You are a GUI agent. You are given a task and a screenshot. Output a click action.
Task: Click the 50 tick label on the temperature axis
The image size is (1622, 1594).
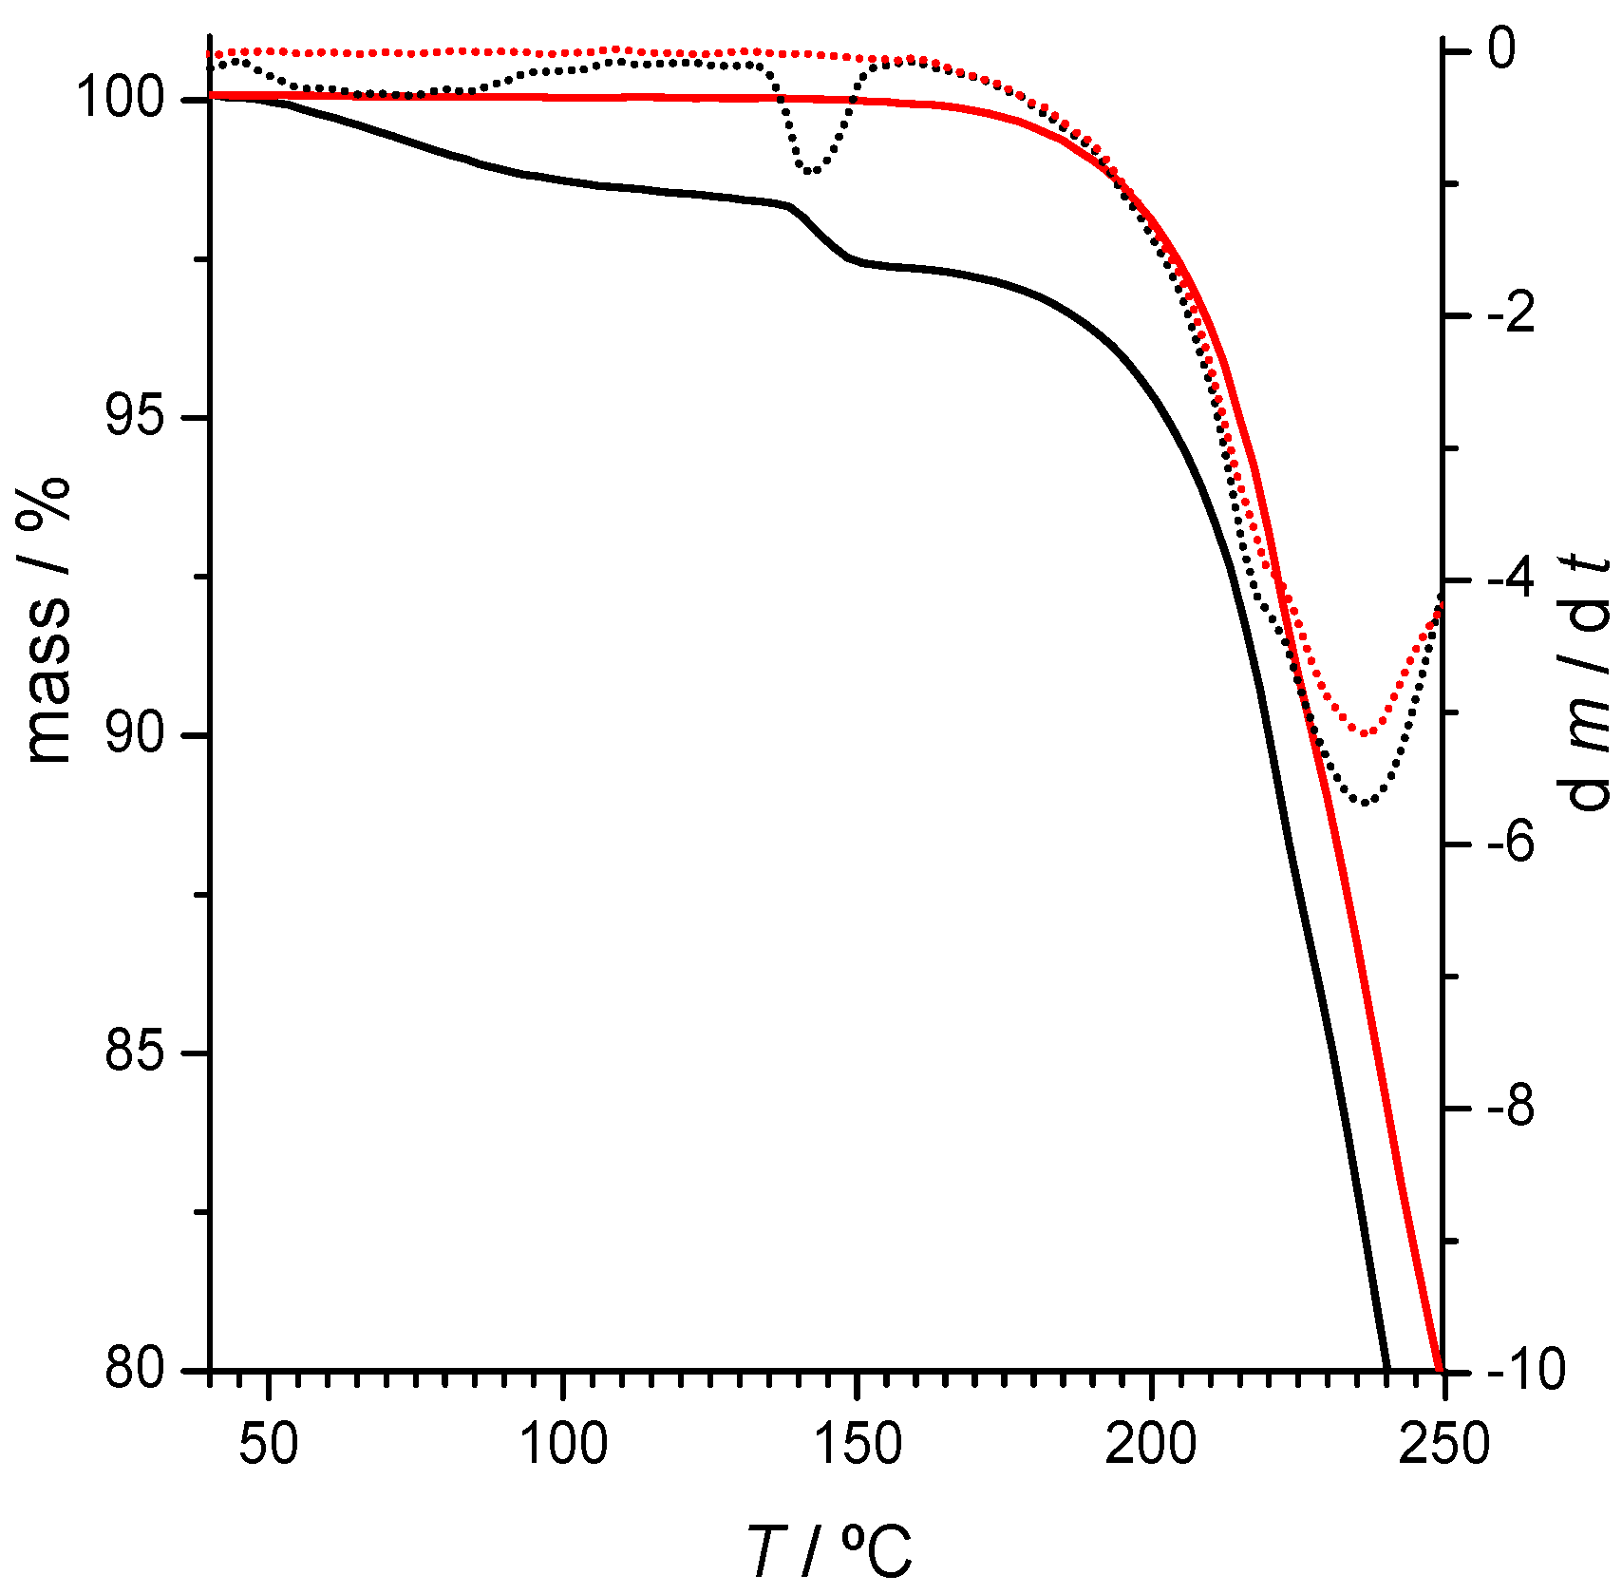pyautogui.click(x=270, y=1445)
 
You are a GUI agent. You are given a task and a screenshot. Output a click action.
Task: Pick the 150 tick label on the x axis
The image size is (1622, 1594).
pyautogui.click(x=857, y=1445)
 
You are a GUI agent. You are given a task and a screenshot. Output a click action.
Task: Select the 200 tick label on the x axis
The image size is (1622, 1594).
pyautogui.click(x=1150, y=1445)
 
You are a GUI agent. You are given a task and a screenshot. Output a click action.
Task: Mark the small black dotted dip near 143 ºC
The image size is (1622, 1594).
pyautogui.click(x=810, y=171)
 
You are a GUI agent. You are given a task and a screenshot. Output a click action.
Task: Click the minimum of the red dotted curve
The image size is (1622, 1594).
pyautogui.click(x=1365, y=733)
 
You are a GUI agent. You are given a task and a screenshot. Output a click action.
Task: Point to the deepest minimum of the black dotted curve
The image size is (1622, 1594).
pyautogui.click(x=1365, y=803)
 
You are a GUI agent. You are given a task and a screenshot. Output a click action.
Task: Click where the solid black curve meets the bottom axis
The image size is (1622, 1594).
pyautogui.click(x=1386, y=1368)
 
